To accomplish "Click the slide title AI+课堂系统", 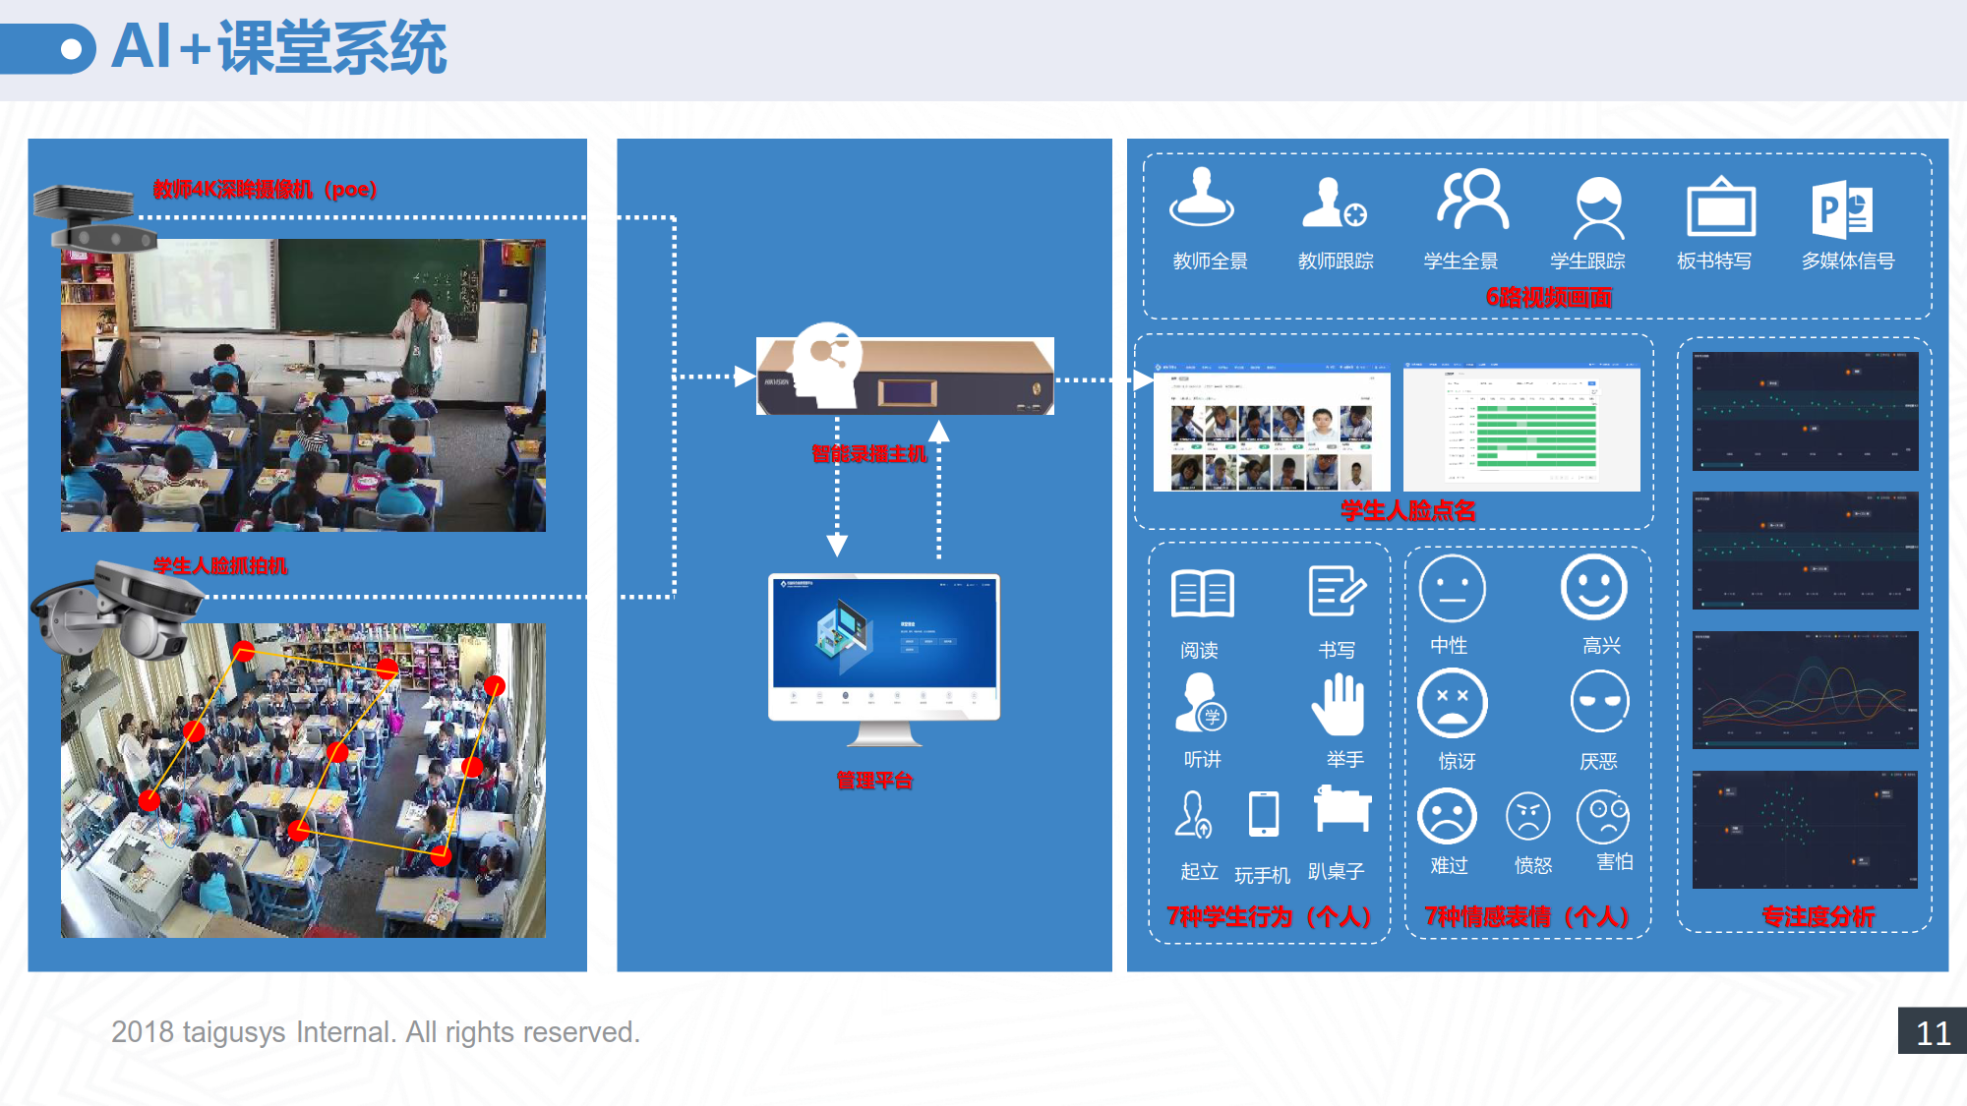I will pyautogui.click(x=279, y=47).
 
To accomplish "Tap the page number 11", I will pyautogui.click(x=1933, y=1032).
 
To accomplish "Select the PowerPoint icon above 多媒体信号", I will pyautogui.click(x=1841, y=209).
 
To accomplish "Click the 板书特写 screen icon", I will pyautogui.click(x=1720, y=207).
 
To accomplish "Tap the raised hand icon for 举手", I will pyautogui.click(x=1338, y=705).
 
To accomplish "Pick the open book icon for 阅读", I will pyautogui.click(x=1202, y=593).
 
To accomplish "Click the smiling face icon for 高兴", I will pyautogui.click(x=1593, y=588).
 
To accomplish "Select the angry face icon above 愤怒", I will pyautogui.click(x=1528, y=816).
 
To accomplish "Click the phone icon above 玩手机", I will pyautogui.click(x=1264, y=814).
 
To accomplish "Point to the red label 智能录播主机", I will pyautogui.click(x=868, y=454).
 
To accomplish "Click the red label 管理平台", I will pyautogui.click(x=874, y=781).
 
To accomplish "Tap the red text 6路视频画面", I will pyautogui.click(x=1548, y=297).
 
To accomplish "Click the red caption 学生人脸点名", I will pyautogui.click(x=1407, y=510).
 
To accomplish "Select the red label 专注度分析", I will pyautogui.click(x=1818, y=916).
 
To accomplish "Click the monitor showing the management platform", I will pyautogui.click(x=884, y=649).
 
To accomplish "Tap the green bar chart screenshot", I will pyautogui.click(x=1521, y=429).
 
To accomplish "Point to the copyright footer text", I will pyautogui.click(x=375, y=1032).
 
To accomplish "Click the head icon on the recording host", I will pyautogui.click(x=825, y=364).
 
